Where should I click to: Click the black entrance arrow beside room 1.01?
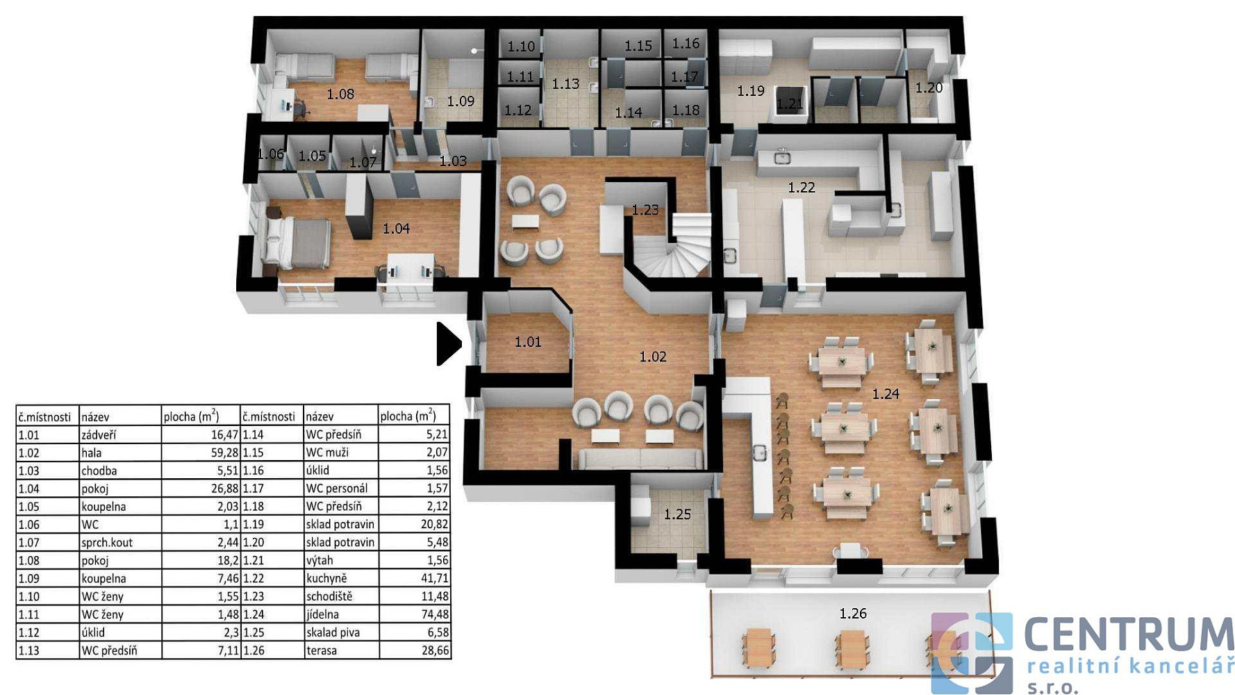click(x=448, y=343)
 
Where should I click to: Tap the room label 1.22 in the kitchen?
click(x=801, y=188)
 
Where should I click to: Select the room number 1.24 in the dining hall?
click(x=886, y=394)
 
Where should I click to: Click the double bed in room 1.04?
click(x=296, y=243)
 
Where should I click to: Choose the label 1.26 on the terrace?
click(x=853, y=614)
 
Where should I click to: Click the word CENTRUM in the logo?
click(x=1129, y=635)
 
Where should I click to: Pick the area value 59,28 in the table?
click(x=224, y=452)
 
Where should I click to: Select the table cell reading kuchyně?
click(x=326, y=578)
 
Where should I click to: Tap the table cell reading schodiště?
click(x=329, y=596)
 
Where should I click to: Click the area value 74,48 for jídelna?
click(x=435, y=614)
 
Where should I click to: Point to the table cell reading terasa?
click(x=322, y=651)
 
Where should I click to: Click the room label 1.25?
click(x=677, y=515)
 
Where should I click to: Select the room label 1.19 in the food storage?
click(x=751, y=91)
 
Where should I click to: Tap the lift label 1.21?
click(x=790, y=104)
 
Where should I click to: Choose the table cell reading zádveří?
click(x=99, y=435)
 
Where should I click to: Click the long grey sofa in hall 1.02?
click(x=640, y=459)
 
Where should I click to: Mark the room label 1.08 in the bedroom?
click(x=340, y=95)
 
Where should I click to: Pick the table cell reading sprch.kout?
click(x=107, y=542)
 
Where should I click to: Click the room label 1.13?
click(x=565, y=84)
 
